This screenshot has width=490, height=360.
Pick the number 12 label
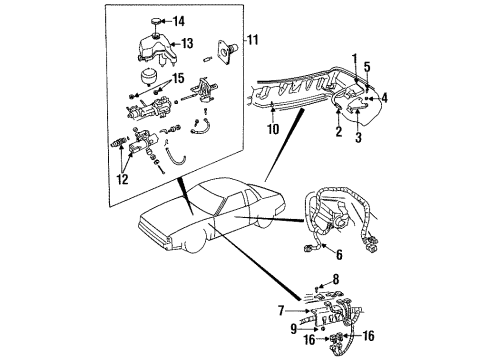tap(123, 180)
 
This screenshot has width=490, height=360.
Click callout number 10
tap(273, 129)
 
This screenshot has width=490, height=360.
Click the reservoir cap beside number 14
tap(157, 20)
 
